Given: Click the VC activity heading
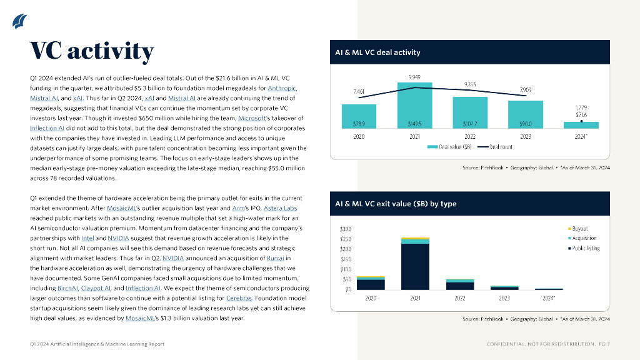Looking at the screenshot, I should [x=92, y=51].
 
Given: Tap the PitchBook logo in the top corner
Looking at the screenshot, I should [x=19, y=21].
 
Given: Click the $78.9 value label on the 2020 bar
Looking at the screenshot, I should [x=359, y=124].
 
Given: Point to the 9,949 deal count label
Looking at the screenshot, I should [x=414, y=77].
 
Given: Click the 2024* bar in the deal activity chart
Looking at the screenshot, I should [x=581, y=125].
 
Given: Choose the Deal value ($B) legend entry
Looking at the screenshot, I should [x=449, y=147].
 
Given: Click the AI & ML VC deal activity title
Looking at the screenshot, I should [x=378, y=52].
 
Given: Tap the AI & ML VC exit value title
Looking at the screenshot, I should [x=396, y=204].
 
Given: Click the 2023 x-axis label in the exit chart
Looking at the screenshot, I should [x=504, y=298].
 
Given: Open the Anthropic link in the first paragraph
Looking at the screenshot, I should [x=282, y=88].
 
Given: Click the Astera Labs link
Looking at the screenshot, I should [x=280, y=208].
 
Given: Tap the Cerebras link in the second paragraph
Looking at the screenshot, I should [x=239, y=298].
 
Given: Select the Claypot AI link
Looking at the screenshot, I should [x=96, y=288].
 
